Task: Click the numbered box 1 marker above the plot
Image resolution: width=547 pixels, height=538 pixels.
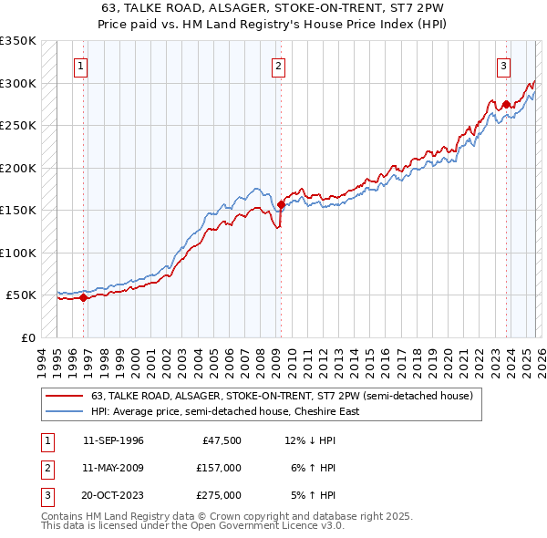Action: (x=81, y=66)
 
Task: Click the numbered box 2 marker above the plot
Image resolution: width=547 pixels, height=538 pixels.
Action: (x=278, y=66)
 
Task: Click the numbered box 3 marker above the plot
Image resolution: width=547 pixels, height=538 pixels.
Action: (x=503, y=66)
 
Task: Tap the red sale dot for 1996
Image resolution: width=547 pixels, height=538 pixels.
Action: (x=83, y=297)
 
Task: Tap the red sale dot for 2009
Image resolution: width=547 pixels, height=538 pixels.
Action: (x=281, y=204)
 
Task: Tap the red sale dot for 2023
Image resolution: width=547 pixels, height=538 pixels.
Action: (x=506, y=104)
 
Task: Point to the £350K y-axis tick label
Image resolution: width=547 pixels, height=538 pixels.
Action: (x=18, y=41)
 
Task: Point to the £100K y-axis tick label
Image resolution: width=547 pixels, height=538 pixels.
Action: (x=18, y=253)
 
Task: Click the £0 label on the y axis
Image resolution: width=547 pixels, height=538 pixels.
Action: (x=26, y=337)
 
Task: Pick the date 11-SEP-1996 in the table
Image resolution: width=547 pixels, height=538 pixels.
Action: (x=113, y=440)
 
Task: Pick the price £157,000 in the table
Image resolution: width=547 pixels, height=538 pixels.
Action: (x=219, y=468)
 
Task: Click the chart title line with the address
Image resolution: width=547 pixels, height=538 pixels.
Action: (x=273, y=8)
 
